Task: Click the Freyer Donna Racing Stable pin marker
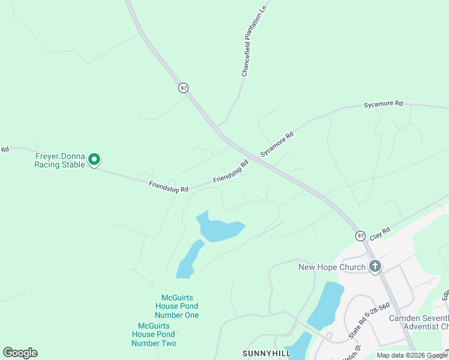coord(94,160)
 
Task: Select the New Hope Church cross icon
coord(375,266)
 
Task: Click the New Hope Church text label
coord(332,267)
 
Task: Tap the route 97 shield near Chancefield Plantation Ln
coord(183,88)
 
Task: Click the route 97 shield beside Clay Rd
coord(360,236)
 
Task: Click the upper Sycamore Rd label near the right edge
coord(383,104)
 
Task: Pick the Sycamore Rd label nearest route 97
coord(277,145)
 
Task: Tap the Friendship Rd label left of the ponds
coord(169,188)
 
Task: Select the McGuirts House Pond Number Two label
coord(154,334)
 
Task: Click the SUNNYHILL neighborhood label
coord(267,353)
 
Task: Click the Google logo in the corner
coord(20,353)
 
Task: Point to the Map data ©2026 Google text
coord(412,355)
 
